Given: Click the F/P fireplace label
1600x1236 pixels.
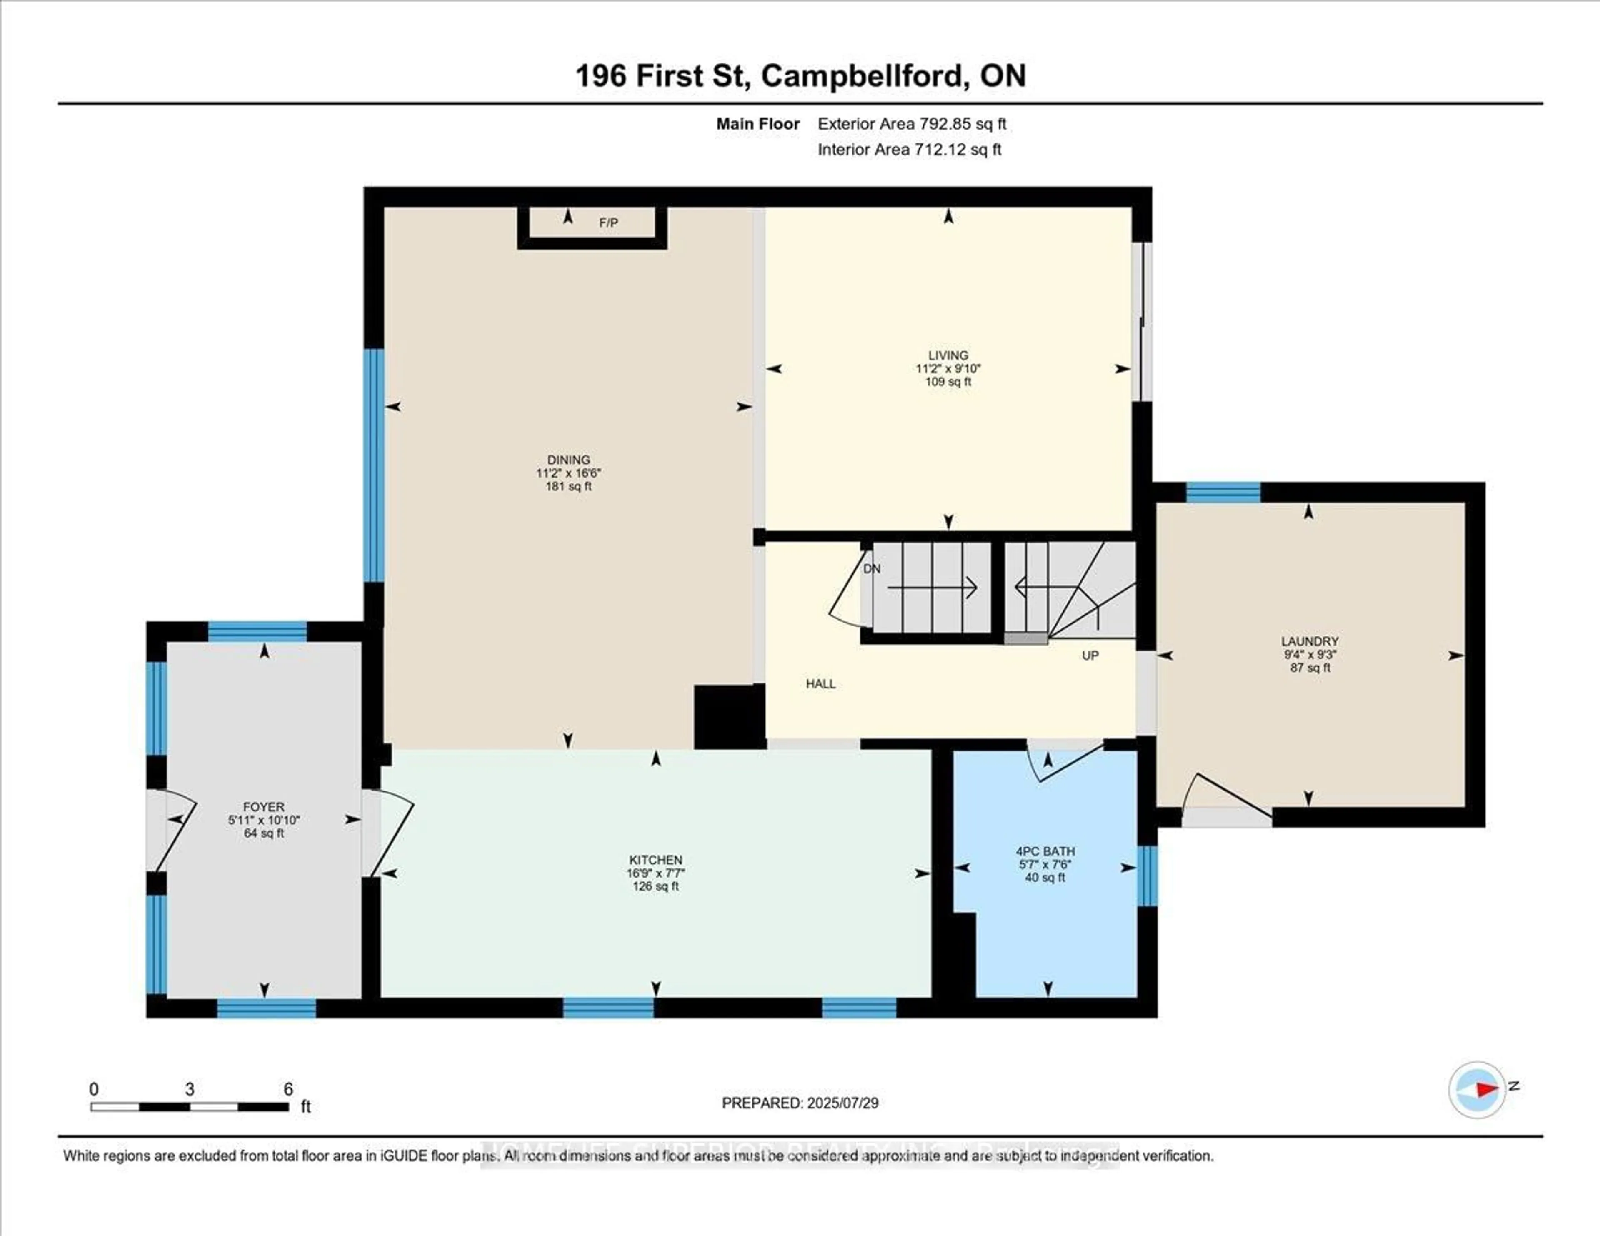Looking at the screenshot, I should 608,223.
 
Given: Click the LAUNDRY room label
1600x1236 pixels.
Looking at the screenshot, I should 1310,641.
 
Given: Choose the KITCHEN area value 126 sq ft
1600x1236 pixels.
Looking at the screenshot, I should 656,886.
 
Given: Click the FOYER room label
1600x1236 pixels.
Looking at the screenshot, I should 264,807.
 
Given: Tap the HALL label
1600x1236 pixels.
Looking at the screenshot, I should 820,683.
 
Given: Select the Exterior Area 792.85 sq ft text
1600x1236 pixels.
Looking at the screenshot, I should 912,124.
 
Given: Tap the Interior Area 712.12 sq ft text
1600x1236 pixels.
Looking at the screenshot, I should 909,150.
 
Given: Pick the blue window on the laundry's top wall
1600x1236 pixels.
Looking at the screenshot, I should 1223,492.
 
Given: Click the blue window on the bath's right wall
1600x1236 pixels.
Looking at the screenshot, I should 1147,876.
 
